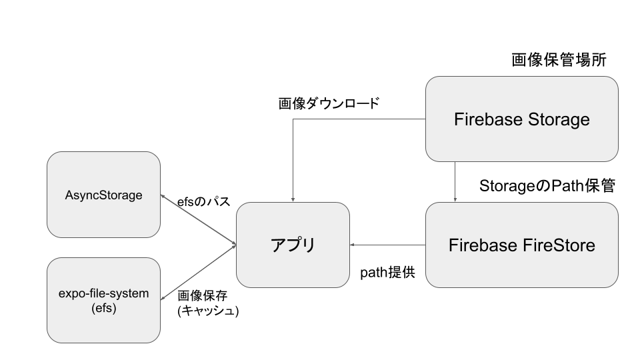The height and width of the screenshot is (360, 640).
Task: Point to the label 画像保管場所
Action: pos(559,60)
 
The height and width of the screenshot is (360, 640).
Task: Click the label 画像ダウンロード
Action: pos(329,103)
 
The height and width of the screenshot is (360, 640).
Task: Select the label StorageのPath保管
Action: pos(547,186)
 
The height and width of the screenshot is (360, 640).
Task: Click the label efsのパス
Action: pos(204,201)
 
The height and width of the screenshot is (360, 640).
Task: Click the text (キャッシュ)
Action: pos(208,311)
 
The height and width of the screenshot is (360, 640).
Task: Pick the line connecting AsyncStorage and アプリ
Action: pos(199,220)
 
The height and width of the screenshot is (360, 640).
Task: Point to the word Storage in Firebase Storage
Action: pos(559,119)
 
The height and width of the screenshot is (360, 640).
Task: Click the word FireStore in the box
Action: pos(559,245)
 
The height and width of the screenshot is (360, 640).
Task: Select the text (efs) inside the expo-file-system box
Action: pos(103,308)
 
